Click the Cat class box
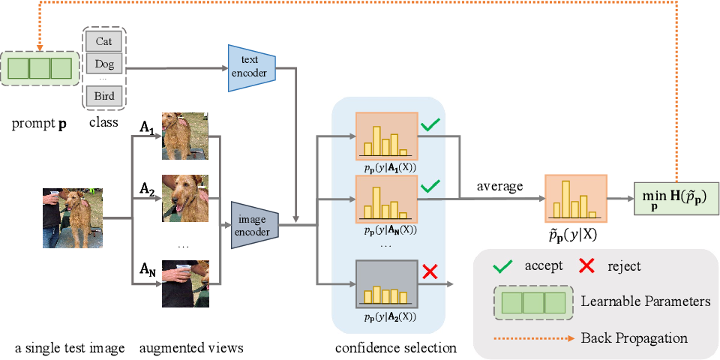(x=103, y=40)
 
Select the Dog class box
(x=103, y=64)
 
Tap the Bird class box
(x=103, y=97)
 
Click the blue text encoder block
(x=252, y=67)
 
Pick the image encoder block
(x=255, y=225)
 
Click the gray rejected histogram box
(x=386, y=283)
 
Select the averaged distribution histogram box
(x=576, y=198)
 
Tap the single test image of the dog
(x=73, y=218)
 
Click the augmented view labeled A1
(x=185, y=136)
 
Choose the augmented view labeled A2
(x=185, y=198)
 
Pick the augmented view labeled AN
(x=185, y=283)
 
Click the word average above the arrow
(x=500, y=186)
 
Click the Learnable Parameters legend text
(x=646, y=301)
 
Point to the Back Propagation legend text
(x=634, y=338)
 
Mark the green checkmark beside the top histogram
(x=431, y=125)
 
